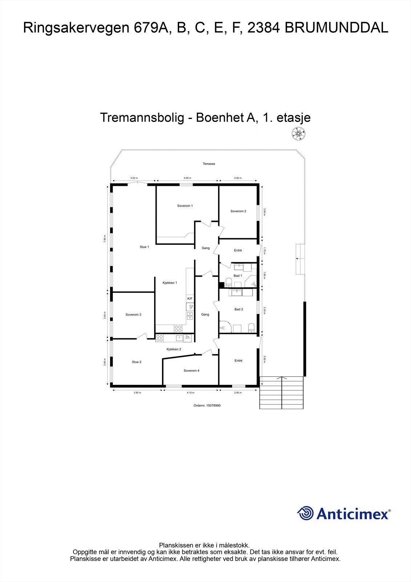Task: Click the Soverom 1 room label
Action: tap(185, 206)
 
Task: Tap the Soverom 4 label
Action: tap(191, 371)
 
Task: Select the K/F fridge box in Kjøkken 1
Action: tap(190, 299)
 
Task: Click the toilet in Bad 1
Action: tap(229, 282)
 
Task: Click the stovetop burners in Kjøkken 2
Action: tap(160, 338)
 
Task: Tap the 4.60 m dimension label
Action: tap(187, 178)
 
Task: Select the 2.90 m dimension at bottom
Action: tap(238, 393)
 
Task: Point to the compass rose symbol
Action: tap(298, 133)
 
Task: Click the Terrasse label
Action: tap(209, 164)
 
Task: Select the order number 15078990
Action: tap(207, 405)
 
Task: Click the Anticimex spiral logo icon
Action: tap(305, 513)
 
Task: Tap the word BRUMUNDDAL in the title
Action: tap(337, 28)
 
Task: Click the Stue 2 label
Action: tap(137, 362)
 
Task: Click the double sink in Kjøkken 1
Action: tap(190, 315)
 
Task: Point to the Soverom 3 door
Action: tap(142, 336)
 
